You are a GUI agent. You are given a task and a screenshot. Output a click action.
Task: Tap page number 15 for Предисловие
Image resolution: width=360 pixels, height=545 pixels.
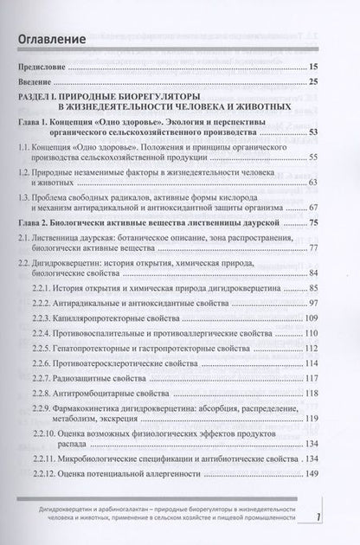pyautogui.click(x=321, y=66)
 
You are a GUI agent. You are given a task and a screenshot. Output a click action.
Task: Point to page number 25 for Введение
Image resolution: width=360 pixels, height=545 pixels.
pyautogui.click(x=321, y=82)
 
